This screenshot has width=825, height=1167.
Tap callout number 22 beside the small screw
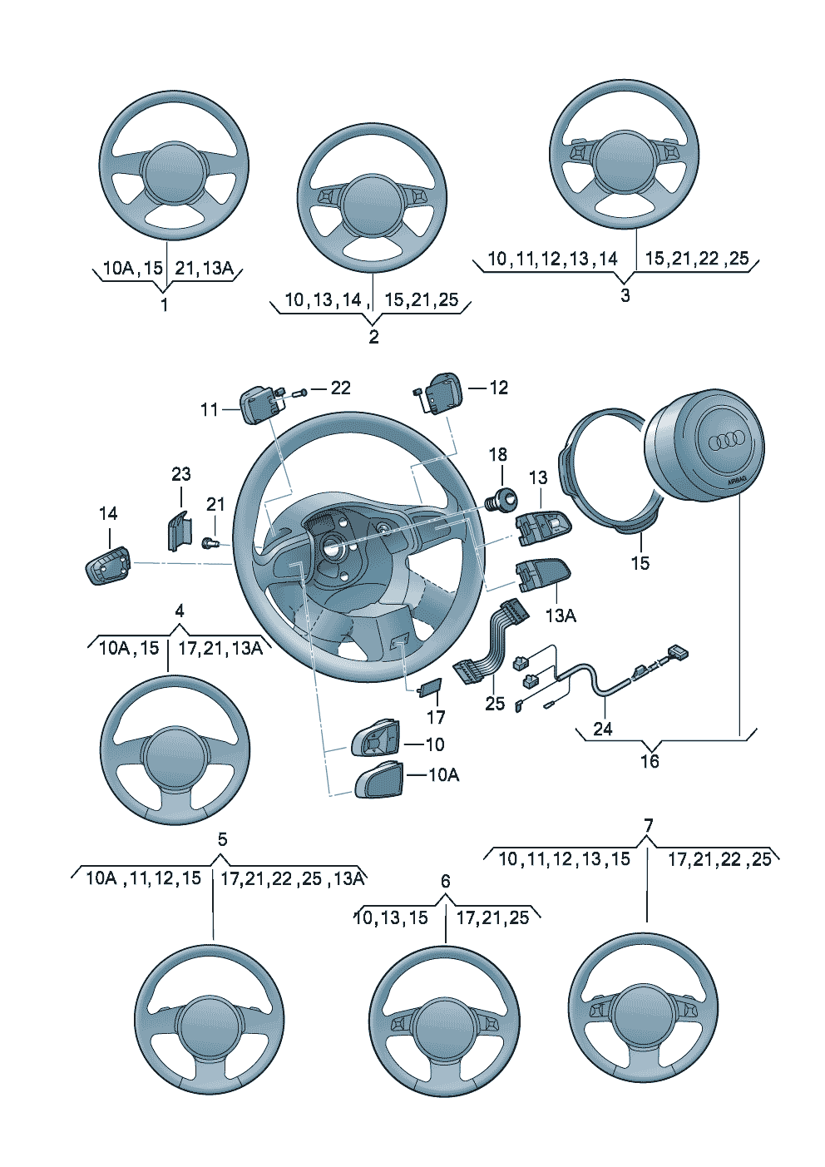coord(340,388)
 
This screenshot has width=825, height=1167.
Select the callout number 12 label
coord(498,388)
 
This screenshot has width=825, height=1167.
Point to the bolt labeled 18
coord(501,499)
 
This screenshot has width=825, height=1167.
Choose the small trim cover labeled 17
coord(429,687)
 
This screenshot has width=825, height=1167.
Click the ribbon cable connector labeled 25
coord(491,640)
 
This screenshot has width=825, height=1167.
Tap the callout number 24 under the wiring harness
coord(603,729)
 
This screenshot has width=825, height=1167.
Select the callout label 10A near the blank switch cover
coord(443,775)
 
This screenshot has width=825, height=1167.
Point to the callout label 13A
coord(561,616)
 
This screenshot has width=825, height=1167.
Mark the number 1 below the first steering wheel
coord(165,304)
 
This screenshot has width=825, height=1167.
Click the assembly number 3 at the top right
coord(625,295)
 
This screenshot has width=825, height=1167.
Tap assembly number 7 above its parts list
coord(649,826)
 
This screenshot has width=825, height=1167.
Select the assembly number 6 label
coord(446,881)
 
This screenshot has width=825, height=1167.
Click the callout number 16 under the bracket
coord(650,761)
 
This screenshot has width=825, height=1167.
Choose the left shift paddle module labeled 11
coord(259,404)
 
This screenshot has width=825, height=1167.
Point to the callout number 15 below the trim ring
coord(640,563)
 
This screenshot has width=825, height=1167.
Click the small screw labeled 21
coord(210,543)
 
